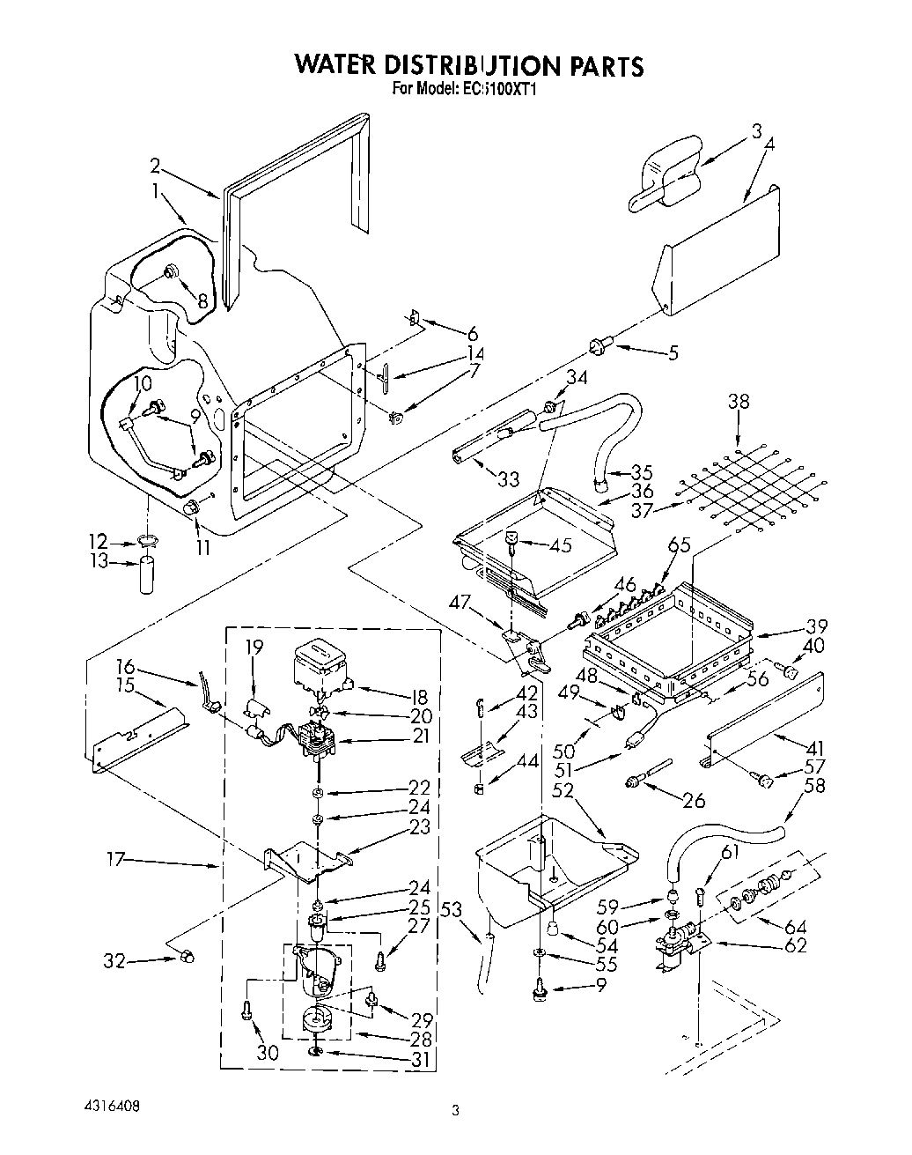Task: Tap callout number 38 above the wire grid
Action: (x=739, y=401)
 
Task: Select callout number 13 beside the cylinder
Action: (x=99, y=561)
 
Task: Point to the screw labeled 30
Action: (x=246, y=1014)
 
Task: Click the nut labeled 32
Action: (x=186, y=958)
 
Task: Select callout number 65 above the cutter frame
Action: (x=678, y=545)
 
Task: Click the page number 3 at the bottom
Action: (x=455, y=1112)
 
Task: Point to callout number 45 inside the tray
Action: (x=560, y=545)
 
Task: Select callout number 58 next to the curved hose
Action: (x=814, y=784)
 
